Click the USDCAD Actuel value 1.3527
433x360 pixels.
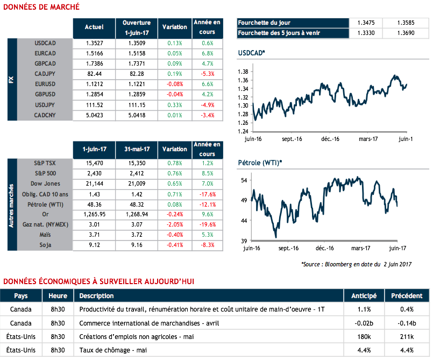[x=94, y=43]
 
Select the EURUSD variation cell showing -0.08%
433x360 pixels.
[x=175, y=84]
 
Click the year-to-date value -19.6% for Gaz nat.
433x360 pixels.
[x=207, y=224]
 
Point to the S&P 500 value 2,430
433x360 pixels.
[x=94, y=173]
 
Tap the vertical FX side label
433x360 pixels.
[x=12, y=79]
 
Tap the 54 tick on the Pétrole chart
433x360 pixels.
[x=244, y=180]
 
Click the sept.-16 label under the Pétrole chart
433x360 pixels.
[x=289, y=248]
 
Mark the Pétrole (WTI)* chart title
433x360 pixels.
[x=260, y=163]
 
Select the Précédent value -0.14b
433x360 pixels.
[x=407, y=323]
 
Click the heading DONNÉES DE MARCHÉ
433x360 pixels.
[x=41, y=7]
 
